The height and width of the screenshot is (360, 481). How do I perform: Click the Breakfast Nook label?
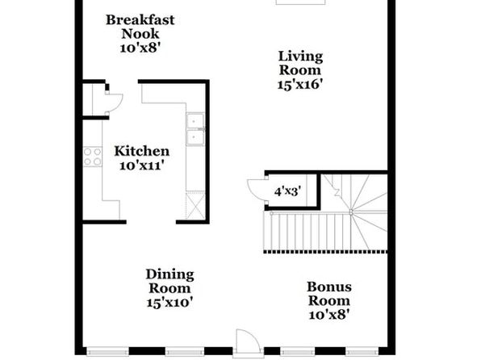tap(140, 27)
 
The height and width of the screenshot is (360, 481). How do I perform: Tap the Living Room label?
tap(300, 63)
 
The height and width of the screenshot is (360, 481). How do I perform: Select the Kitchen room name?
tap(142, 151)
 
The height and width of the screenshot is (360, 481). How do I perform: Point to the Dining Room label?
tap(169, 282)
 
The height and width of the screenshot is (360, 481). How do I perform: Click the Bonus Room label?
tap(329, 294)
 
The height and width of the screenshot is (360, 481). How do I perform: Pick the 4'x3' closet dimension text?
tap(287, 191)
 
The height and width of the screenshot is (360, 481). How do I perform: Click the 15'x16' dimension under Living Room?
tap(300, 85)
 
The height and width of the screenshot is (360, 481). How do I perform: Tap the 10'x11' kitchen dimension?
tap(140, 165)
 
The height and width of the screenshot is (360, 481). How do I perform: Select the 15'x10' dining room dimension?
tap(169, 303)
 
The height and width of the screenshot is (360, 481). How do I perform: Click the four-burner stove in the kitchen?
tap(93, 157)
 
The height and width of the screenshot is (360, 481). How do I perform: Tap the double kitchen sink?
tap(195, 129)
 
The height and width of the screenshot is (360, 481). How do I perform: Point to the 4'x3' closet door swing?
tap(257, 189)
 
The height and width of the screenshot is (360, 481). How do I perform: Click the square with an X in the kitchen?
tap(195, 205)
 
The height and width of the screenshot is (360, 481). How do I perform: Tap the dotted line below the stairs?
tap(325, 252)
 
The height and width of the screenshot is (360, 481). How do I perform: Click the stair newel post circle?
tap(351, 211)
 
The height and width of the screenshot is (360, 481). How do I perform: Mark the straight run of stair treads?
tap(307, 232)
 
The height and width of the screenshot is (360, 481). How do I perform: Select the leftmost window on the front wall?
tap(107, 351)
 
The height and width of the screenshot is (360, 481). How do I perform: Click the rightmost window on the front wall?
tap(362, 351)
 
